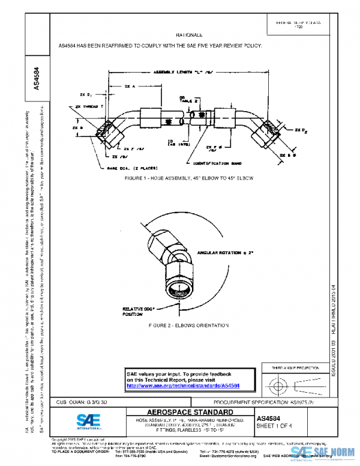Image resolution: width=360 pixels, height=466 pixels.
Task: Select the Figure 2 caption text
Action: pyautogui.click(x=180, y=325)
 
